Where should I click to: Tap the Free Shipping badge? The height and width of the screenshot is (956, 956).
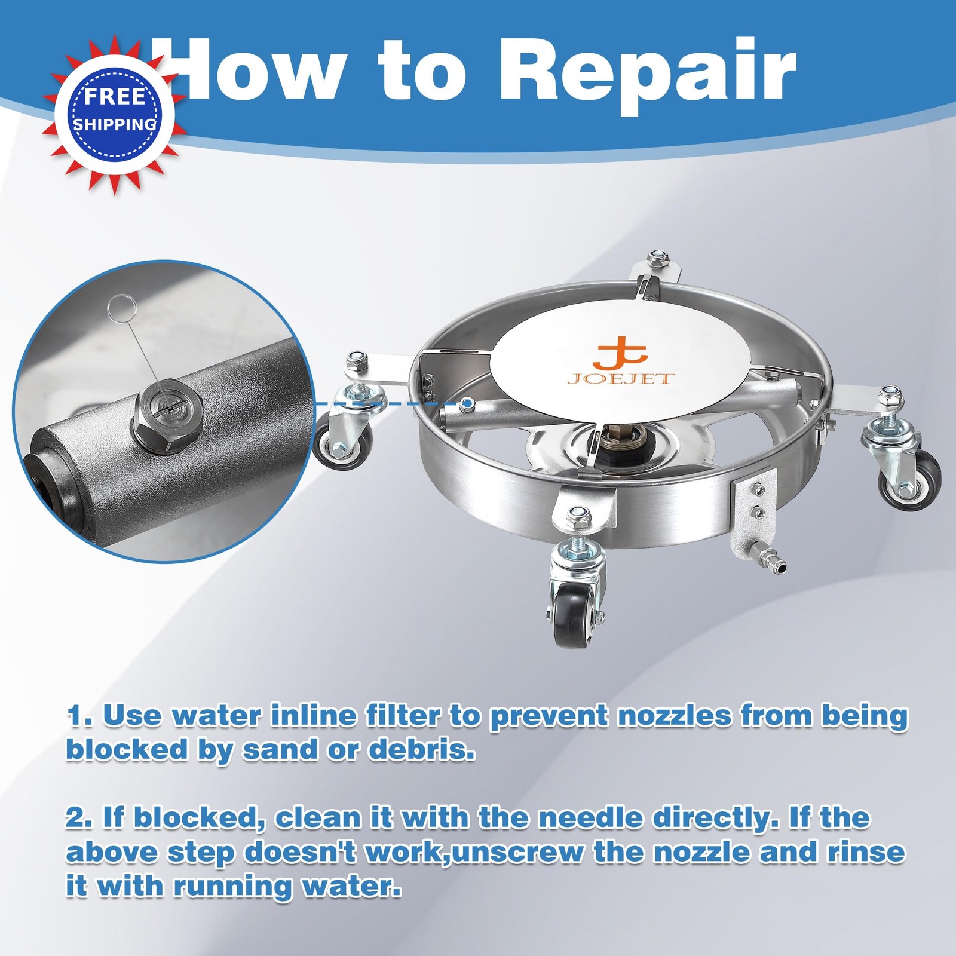click(115, 114)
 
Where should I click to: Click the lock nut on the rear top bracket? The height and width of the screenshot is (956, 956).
click(659, 258)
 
